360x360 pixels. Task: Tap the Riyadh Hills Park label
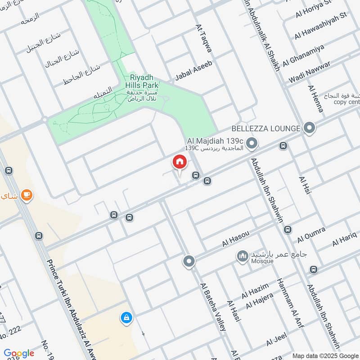142,81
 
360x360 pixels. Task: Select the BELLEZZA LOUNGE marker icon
309,128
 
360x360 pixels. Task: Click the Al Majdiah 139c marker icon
252,144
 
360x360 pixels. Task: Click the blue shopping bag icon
126,318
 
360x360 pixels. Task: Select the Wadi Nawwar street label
309,71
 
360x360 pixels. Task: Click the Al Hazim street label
255,290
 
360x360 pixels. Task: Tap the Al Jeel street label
276,340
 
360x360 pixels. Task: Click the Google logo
19,353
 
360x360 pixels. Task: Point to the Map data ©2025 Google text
325,355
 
